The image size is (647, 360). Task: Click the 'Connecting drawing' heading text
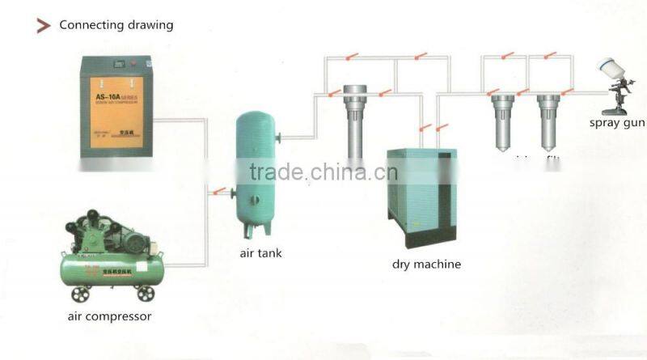click(x=116, y=25)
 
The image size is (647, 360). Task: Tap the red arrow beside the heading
click(x=44, y=26)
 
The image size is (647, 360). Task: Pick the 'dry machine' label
click(x=426, y=264)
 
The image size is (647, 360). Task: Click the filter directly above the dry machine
click(x=355, y=117)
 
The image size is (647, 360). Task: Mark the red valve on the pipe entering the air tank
click(x=215, y=192)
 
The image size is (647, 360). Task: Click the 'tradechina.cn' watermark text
click(x=323, y=172)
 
